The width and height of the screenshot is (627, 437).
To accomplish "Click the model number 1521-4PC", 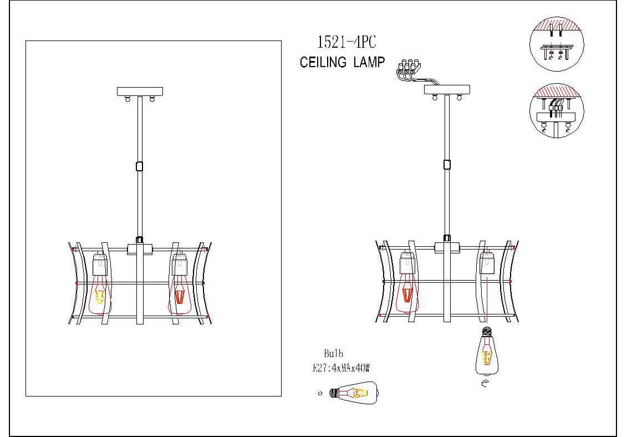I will click(342, 43).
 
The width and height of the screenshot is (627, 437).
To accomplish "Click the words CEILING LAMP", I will click(342, 63).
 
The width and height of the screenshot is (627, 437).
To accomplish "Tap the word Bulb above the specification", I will click(334, 353).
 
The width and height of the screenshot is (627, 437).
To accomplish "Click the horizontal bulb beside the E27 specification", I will click(354, 393).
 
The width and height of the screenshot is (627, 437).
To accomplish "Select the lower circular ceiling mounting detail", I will click(556, 111).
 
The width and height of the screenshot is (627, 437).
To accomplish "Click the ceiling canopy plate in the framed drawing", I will click(140, 91).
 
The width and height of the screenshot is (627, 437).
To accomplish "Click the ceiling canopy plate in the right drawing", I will click(447, 89).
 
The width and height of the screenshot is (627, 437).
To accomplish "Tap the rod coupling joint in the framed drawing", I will click(139, 165).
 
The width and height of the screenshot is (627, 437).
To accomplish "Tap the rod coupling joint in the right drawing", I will click(446, 164).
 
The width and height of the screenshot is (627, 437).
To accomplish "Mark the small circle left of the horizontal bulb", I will click(320, 393).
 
